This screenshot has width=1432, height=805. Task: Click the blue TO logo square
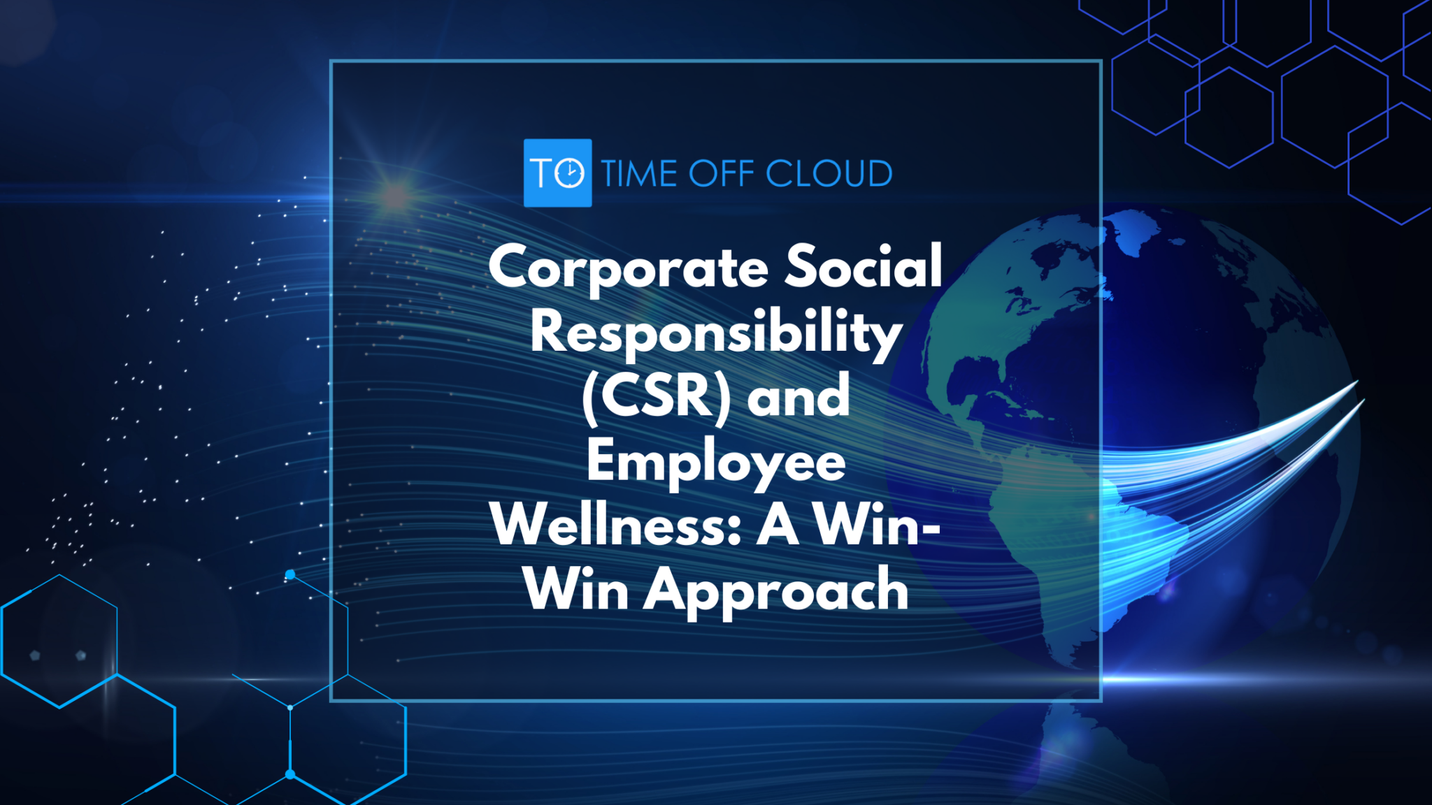[x=557, y=173]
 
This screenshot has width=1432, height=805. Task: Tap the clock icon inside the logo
[x=571, y=173]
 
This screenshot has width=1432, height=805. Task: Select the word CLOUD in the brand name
[x=829, y=173]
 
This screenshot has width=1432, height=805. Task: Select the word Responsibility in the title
[x=716, y=333]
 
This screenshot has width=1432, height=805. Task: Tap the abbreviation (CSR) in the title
[x=656, y=397]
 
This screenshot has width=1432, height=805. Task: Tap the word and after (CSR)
[x=799, y=397]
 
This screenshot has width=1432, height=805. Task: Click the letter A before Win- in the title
[x=778, y=525]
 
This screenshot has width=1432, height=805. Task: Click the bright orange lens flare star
[x=396, y=196]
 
